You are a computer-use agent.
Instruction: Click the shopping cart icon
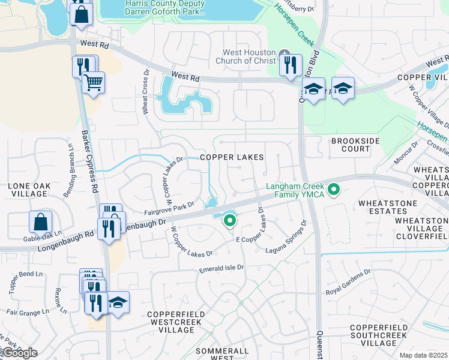[93, 82]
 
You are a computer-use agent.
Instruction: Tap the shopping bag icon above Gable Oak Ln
[40, 222]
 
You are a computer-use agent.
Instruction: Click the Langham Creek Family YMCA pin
[335, 191]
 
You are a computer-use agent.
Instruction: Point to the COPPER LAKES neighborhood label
[232, 157]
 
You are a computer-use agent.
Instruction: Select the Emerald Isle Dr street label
[222, 268]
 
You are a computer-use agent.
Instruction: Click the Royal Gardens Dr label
[348, 283]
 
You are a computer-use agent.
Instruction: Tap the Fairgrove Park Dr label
[169, 208]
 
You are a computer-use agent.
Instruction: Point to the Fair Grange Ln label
[28, 312]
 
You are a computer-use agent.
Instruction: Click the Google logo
[19, 353]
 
